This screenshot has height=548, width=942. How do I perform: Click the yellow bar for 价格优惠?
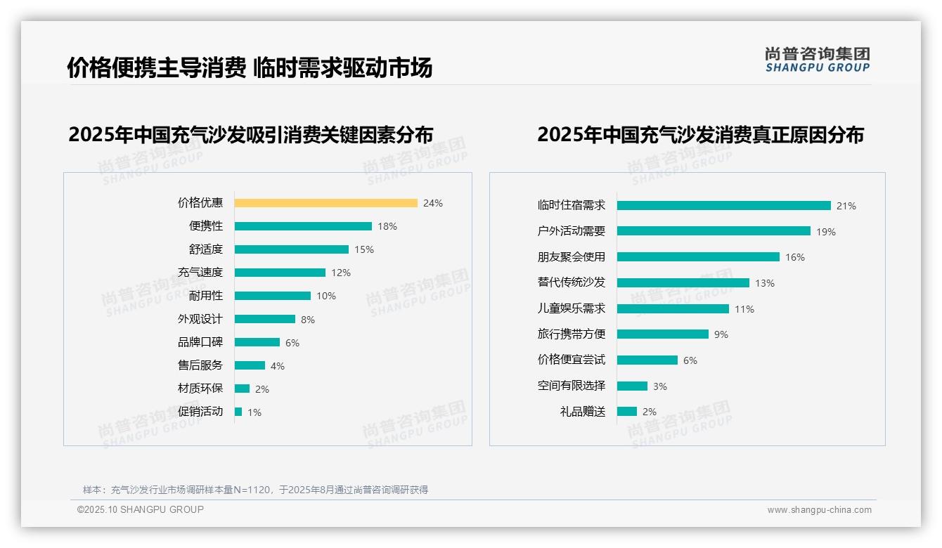[325, 203]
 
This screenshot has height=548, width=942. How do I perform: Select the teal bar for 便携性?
[303, 226]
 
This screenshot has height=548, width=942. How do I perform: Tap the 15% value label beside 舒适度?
[364, 249]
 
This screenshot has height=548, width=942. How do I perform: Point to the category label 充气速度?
[200, 273]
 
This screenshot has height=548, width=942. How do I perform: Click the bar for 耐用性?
[272, 296]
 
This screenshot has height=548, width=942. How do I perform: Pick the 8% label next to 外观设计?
[308, 320]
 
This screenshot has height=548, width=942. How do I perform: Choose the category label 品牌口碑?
[200, 342]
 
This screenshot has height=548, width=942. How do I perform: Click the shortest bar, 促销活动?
[238, 412]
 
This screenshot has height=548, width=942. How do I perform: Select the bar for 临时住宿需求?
[723, 206]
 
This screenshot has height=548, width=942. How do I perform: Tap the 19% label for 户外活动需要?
[826, 232]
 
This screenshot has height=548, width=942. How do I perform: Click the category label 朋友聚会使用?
[571, 257]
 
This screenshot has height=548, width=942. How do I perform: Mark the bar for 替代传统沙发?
[683, 282]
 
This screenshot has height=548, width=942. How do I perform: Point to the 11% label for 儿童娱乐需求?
[744, 309]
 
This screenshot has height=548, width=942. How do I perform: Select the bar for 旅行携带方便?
[662, 334]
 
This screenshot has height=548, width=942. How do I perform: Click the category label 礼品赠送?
[582, 412]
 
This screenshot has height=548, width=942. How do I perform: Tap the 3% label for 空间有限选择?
[659, 386]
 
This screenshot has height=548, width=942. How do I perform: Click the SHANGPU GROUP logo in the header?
[817, 60]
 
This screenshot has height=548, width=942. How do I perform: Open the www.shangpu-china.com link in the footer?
[819, 510]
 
